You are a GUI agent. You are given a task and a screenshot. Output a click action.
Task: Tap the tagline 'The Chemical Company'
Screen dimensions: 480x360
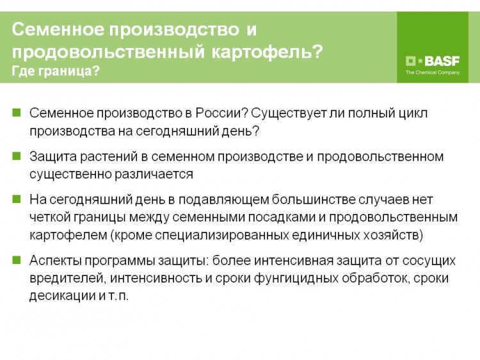[433, 72]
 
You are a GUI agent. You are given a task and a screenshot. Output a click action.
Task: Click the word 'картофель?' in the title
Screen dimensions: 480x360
[267, 51]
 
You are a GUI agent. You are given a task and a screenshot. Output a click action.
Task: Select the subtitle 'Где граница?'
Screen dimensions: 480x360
[56, 71]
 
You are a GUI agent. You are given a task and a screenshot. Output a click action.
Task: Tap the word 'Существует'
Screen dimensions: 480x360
[289, 113]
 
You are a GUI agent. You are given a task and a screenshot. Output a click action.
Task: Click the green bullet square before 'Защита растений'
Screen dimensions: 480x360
[17, 156]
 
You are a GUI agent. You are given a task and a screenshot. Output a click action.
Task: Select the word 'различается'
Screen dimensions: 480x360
[154, 175]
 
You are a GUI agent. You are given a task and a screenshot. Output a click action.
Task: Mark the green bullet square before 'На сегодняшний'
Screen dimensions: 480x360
[17, 199]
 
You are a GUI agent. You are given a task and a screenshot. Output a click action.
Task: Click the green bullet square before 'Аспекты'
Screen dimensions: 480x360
[17, 261]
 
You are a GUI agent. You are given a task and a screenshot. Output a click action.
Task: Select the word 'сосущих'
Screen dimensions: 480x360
[429, 261]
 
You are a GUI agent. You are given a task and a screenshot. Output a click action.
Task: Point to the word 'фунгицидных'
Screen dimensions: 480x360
[296, 279]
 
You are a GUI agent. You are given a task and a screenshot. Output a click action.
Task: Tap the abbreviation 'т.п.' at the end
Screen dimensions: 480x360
[118, 297]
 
